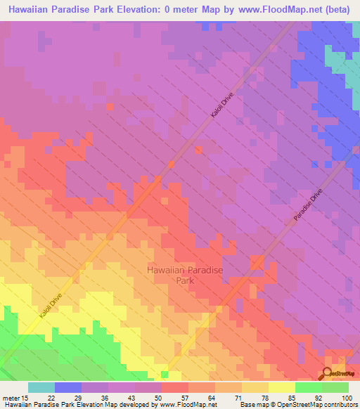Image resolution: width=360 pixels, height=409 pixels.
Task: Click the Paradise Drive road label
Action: (307, 207)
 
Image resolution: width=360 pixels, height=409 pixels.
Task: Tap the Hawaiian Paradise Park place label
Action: (179, 274)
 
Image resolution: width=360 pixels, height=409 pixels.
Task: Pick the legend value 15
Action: (27, 398)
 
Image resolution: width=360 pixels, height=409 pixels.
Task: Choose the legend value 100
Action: (347, 398)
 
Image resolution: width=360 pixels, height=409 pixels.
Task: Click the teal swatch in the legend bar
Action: (41, 387)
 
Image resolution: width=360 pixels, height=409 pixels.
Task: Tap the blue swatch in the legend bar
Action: (67, 387)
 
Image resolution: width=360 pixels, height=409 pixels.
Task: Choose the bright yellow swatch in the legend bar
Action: (281, 387)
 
